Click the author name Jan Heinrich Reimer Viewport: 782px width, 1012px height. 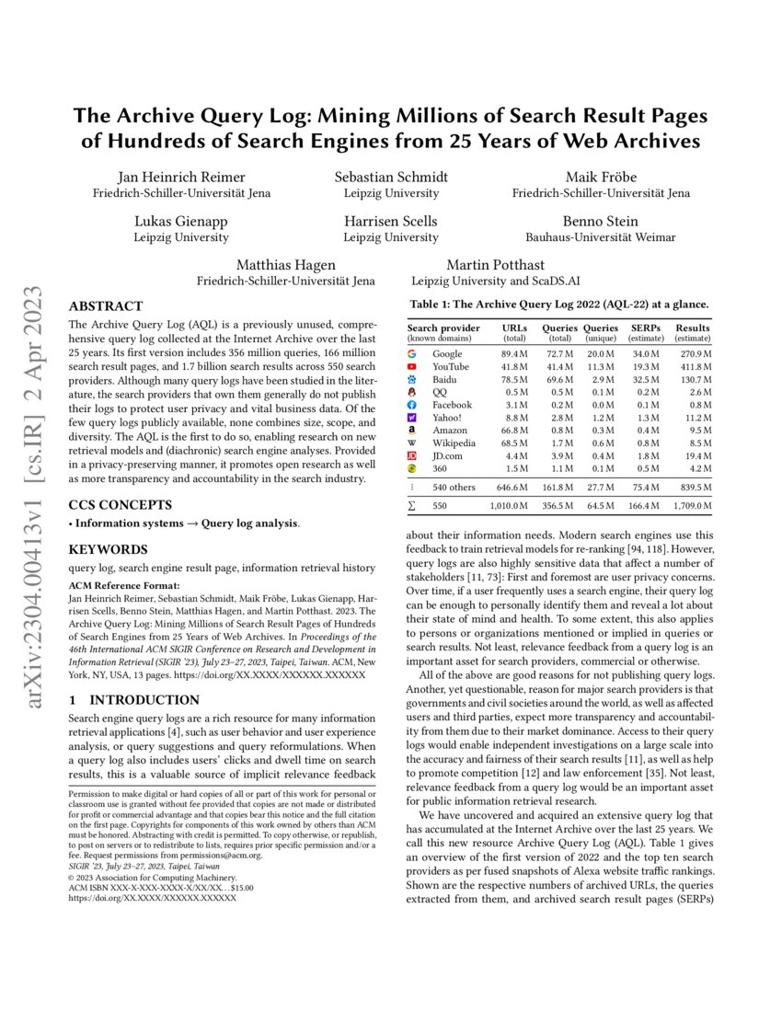181,177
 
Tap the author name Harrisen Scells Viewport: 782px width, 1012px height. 391,221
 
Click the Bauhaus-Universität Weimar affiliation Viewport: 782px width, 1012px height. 601,237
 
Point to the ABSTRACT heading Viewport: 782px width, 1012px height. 106,306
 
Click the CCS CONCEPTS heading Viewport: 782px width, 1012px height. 120,505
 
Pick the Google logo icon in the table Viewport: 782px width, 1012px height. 412,353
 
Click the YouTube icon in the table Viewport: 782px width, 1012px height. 412,366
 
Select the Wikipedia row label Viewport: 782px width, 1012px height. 453,443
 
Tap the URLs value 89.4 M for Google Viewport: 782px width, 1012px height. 514,353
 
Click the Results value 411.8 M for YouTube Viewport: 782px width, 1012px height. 693,366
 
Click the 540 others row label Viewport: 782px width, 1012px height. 457,487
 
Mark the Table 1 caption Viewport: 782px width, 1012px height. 558,304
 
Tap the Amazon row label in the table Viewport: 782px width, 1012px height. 451,430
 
